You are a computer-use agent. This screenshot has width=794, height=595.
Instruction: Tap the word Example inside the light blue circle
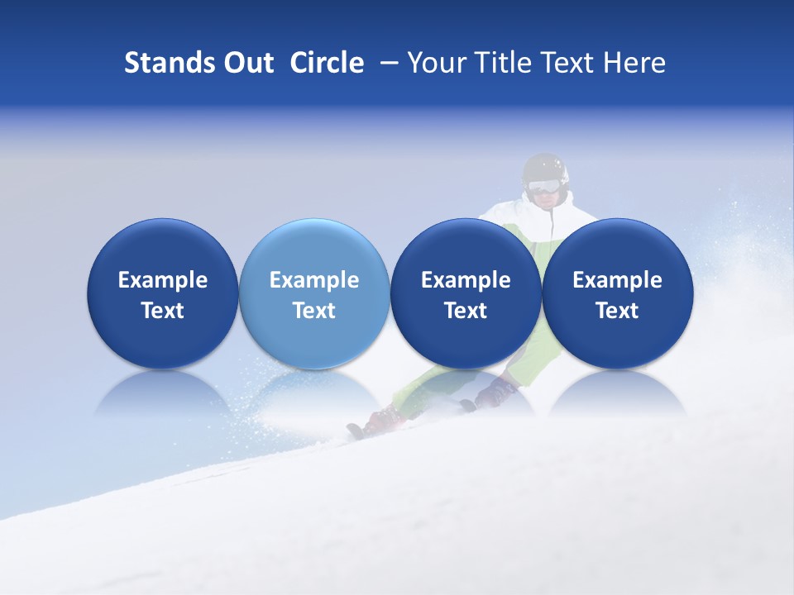tap(314, 280)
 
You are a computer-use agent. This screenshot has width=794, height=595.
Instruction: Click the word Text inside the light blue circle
tap(314, 311)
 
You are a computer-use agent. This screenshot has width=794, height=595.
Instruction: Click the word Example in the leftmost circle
tap(162, 280)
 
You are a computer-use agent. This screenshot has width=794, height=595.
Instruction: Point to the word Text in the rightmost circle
tap(617, 311)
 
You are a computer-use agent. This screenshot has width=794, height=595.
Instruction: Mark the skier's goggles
tap(543, 187)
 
